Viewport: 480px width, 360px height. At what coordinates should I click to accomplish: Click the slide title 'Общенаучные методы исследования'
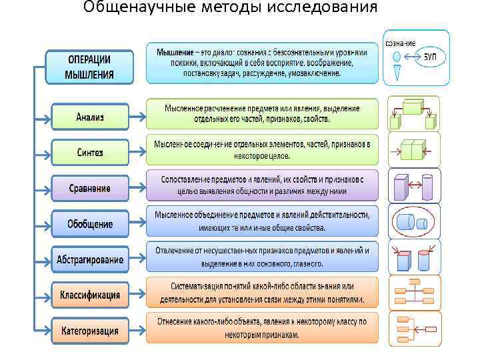[x=230, y=8]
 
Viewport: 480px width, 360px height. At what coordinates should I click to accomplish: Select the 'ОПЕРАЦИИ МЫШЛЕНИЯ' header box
[x=89, y=66]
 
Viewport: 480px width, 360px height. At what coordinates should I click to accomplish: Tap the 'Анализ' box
[x=90, y=117]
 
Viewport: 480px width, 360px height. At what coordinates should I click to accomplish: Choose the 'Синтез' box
[x=90, y=153]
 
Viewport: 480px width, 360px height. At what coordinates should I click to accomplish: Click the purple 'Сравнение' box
[x=90, y=188]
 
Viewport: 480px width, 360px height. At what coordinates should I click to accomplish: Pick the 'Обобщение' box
[x=90, y=223]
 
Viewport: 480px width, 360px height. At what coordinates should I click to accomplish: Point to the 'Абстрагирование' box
[x=90, y=259]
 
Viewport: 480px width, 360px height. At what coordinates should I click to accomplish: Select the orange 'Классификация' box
[x=90, y=294]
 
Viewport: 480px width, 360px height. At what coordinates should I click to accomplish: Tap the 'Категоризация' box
[x=90, y=329]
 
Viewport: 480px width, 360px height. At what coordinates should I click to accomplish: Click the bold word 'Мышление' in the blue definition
[x=175, y=52]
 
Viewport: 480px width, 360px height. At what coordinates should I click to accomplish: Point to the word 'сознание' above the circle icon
[x=400, y=43]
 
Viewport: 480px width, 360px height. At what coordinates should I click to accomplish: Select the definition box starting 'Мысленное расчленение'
[x=261, y=113]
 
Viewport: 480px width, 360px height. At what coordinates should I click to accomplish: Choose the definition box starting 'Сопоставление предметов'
[x=261, y=185]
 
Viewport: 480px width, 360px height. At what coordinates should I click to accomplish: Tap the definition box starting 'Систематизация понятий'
[x=261, y=292]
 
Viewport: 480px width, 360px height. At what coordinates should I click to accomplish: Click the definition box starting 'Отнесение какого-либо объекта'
[x=261, y=328]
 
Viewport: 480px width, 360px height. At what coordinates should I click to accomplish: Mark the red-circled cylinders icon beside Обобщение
[x=414, y=221]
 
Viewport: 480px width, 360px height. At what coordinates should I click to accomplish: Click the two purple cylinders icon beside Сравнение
[x=414, y=185]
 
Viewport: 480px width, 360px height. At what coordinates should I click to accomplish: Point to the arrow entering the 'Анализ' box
[x=43, y=118]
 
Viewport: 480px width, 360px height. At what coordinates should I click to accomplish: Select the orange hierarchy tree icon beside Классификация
[x=414, y=293]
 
